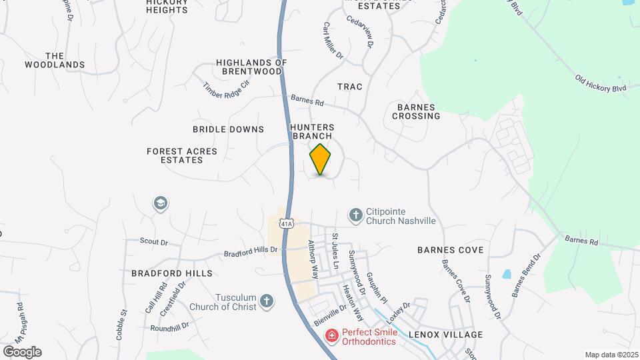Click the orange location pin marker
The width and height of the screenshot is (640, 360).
[x=321, y=159]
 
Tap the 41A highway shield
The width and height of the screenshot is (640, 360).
[x=286, y=223]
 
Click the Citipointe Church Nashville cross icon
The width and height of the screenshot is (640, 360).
[x=356, y=215]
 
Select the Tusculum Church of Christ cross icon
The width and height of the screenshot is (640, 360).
[x=267, y=301]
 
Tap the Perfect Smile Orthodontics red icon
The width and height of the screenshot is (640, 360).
[x=331, y=336]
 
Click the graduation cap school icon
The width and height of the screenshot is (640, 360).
[x=160, y=203]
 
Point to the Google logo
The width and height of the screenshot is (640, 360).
[x=21, y=352]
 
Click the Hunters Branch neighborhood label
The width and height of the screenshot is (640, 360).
[x=312, y=131]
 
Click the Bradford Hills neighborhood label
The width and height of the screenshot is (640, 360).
[x=171, y=273]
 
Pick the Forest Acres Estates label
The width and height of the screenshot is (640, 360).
[x=182, y=156]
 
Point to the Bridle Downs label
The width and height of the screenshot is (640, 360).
[x=228, y=129]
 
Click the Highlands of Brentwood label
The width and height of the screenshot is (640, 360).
[x=251, y=67]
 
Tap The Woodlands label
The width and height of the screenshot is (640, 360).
[x=55, y=60]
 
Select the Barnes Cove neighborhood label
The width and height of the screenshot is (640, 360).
[x=450, y=250]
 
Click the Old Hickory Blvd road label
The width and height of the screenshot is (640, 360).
[x=601, y=83]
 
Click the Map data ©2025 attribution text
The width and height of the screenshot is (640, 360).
[x=611, y=355]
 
